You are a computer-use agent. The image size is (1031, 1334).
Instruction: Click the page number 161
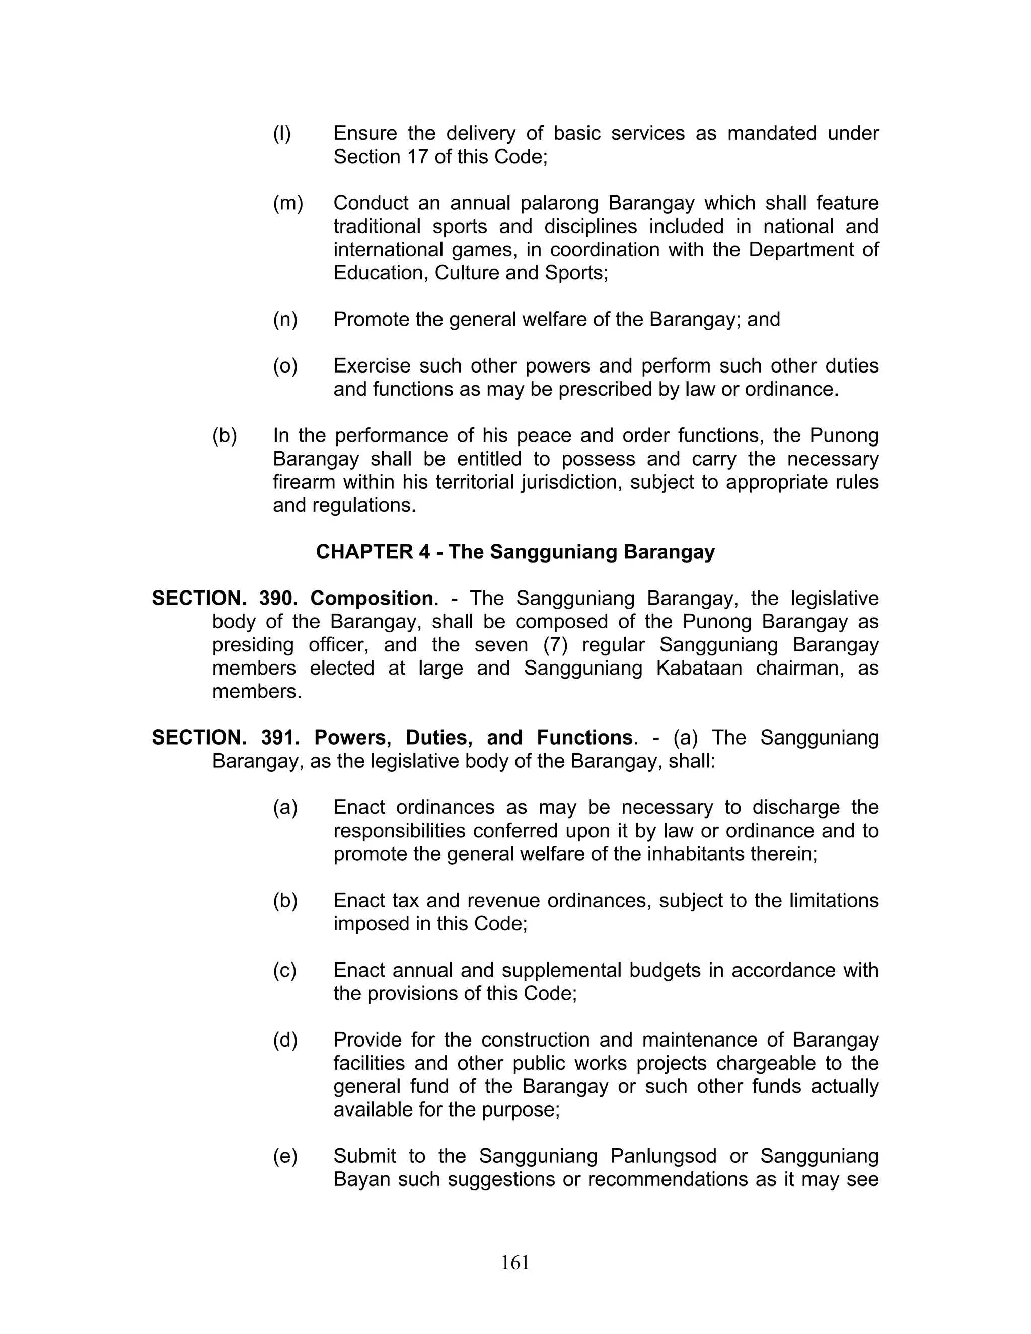[x=515, y=1262]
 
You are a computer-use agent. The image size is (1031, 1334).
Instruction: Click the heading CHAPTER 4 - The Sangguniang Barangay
[x=515, y=552]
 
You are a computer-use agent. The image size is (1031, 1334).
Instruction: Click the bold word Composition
[x=372, y=598]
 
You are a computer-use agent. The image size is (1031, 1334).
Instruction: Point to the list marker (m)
[x=287, y=203]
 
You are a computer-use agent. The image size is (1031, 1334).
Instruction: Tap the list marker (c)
[x=284, y=970]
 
